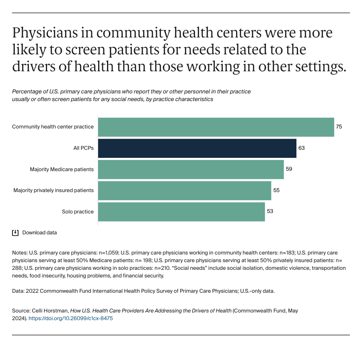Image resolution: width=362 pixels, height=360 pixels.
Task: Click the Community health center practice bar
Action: [x=216, y=127]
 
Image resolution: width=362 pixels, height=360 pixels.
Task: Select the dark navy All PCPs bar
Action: [x=197, y=148]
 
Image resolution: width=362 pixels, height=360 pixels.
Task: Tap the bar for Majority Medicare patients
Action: [x=191, y=169]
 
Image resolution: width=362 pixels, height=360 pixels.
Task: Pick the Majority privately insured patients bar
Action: [x=185, y=190]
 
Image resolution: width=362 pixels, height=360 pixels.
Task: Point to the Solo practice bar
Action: [x=181, y=212]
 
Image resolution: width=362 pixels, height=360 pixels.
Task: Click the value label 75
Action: [x=339, y=127]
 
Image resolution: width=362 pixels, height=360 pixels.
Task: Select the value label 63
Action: [x=301, y=148]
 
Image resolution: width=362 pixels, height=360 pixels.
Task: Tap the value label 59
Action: [x=289, y=169]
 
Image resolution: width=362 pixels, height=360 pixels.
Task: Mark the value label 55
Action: [x=276, y=190]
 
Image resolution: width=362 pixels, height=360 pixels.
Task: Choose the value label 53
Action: [x=270, y=212]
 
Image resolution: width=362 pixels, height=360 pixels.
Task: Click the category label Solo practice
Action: [x=78, y=212]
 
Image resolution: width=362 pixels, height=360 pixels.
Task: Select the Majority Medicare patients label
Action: [x=62, y=169]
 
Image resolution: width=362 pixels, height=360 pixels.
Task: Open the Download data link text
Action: [x=39, y=233]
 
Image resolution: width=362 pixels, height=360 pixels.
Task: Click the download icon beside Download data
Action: [x=15, y=233]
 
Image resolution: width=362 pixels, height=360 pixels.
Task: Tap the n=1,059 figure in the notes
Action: [x=108, y=253]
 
